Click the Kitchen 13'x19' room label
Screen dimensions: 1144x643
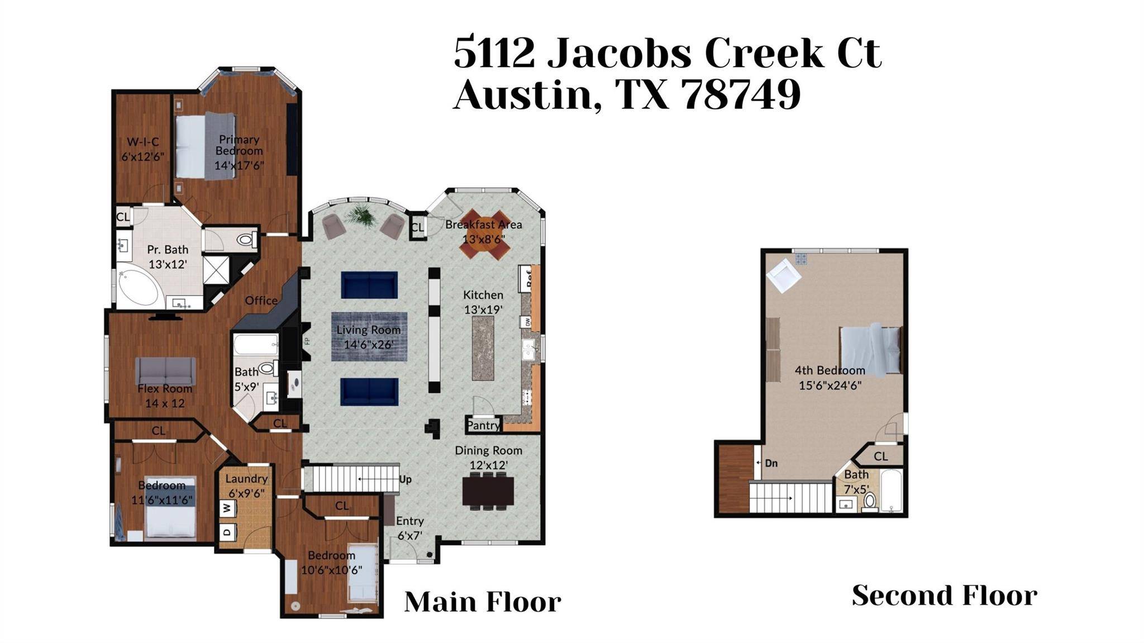(x=483, y=302)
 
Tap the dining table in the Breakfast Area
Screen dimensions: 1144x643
(x=485, y=234)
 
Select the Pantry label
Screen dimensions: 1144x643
(x=483, y=425)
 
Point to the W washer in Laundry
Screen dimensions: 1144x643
(x=227, y=508)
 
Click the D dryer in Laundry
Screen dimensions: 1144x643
(x=227, y=532)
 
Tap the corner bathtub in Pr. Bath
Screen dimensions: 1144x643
(x=140, y=287)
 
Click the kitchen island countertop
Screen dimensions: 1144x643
(x=483, y=348)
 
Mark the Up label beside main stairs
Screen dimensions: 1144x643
(x=406, y=479)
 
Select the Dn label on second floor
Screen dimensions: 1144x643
(x=771, y=463)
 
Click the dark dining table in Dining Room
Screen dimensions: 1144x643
(x=488, y=491)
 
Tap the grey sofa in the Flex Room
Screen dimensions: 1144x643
(x=166, y=371)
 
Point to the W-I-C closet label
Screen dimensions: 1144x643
(x=143, y=142)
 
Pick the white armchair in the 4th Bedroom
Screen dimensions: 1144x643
(x=783, y=274)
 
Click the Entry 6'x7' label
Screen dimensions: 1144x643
(x=410, y=528)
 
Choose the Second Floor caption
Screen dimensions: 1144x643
(x=945, y=595)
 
